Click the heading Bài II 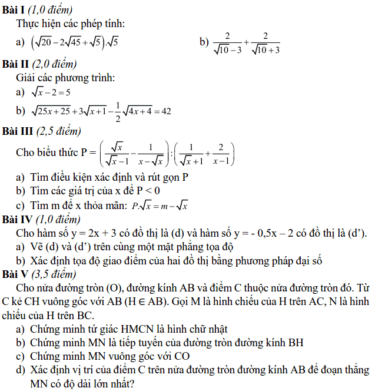pos(14,64)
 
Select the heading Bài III pos(16,131)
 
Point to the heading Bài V pos(14,274)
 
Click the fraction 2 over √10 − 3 pos(227,42)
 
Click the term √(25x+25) pos(51,111)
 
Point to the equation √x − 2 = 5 pos(51,92)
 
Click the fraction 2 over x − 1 pos(222,153)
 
